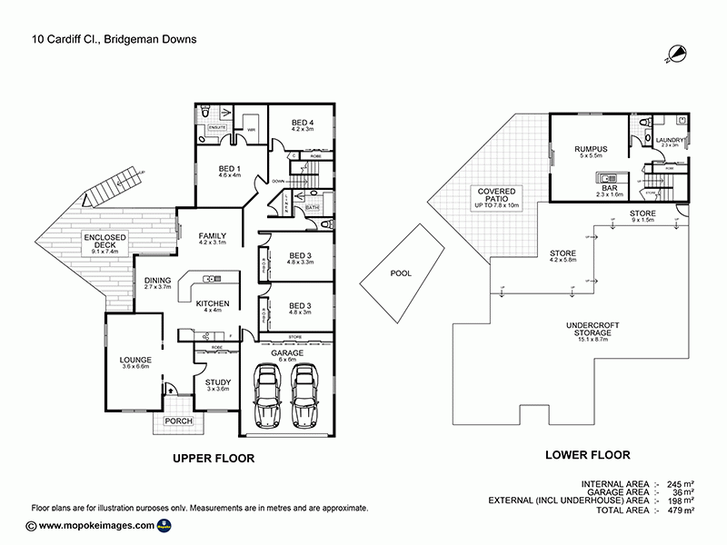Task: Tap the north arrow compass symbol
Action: pyautogui.click(x=674, y=54)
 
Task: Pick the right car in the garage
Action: pyautogui.click(x=304, y=397)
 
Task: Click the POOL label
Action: pyautogui.click(x=400, y=272)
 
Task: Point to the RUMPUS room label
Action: pyautogui.click(x=590, y=149)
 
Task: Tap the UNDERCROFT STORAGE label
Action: pyautogui.click(x=588, y=328)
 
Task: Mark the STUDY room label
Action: pyautogui.click(x=217, y=382)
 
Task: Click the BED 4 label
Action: pyautogui.click(x=302, y=123)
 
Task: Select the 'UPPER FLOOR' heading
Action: pyautogui.click(x=213, y=459)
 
